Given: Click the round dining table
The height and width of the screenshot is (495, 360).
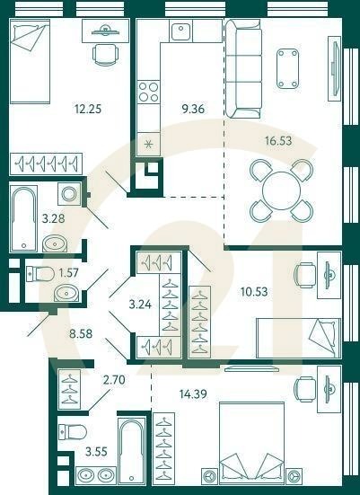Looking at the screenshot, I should tap(280, 190).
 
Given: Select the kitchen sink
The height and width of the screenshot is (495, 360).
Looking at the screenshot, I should tap(180, 32).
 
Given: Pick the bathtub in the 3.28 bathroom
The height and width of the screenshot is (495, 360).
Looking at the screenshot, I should tap(23, 219).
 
